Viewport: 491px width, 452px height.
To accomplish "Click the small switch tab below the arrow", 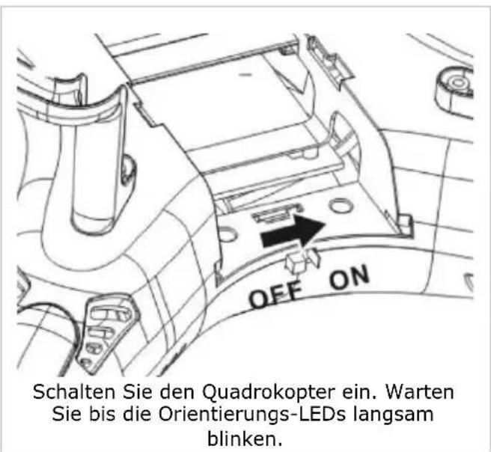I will pyautogui.click(x=299, y=261).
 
